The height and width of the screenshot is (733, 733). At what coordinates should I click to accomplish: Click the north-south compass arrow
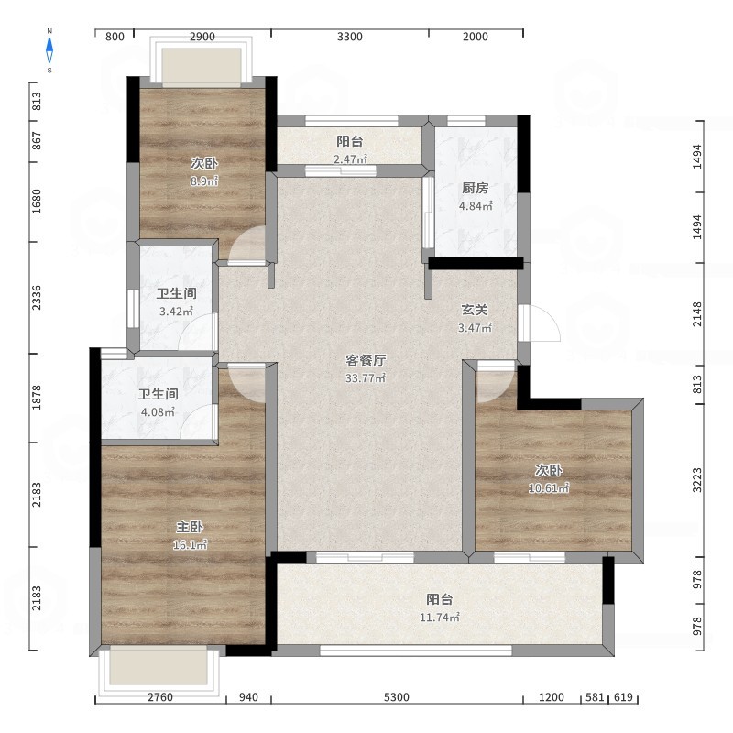click(x=49, y=50)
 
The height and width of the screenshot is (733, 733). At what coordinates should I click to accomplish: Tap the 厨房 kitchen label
click(x=476, y=188)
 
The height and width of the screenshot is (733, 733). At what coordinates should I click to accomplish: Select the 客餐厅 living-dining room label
click(x=366, y=360)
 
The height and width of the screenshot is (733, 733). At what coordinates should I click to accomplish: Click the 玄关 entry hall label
click(x=475, y=310)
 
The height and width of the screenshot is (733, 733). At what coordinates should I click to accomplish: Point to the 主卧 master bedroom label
click(x=190, y=527)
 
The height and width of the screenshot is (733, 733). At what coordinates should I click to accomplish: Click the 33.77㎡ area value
click(x=366, y=377)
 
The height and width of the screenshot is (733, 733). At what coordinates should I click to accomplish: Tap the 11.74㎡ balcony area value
click(x=440, y=617)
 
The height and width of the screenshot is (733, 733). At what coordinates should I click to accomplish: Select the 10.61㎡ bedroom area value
click(x=549, y=488)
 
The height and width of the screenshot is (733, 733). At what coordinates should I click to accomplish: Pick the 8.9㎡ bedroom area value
click(x=204, y=181)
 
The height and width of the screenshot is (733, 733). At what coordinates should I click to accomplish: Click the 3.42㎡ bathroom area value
click(x=176, y=311)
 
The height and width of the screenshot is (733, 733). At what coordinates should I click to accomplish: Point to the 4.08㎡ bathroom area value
click(x=158, y=411)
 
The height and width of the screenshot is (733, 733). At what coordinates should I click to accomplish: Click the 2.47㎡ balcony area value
click(x=350, y=159)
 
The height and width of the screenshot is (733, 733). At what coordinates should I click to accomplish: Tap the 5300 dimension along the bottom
click(x=397, y=697)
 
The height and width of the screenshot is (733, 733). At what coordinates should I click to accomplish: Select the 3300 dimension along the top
click(x=350, y=37)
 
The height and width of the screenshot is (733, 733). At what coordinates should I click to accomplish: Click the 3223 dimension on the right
click(x=697, y=479)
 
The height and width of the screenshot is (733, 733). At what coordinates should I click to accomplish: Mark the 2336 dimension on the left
click(x=36, y=297)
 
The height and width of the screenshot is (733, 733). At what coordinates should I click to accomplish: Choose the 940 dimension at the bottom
click(x=248, y=697)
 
